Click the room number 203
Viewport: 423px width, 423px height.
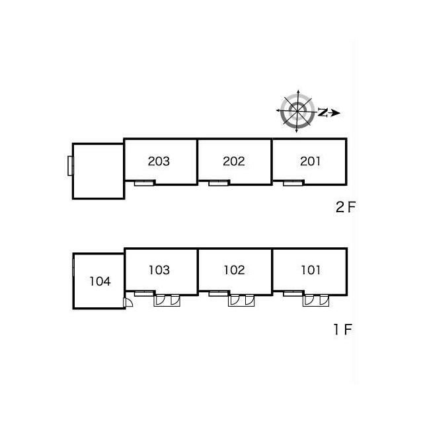[x=159, y=161]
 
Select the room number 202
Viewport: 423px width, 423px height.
[x=233, y=161]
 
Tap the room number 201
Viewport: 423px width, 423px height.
[x=310, y=161]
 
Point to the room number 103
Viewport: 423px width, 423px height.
[x=159, y=270]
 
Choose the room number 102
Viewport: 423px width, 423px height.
[x=234, y=270]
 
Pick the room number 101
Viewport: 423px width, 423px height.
[x=311, y=270]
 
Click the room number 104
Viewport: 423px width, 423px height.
[x=100, y=282]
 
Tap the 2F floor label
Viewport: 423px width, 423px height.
[x=346, y=207]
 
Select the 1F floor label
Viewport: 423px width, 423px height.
[x=343, y=329]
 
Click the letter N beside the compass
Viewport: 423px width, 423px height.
[x=323, y=112]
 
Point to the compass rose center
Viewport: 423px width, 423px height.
[x=297, y=111]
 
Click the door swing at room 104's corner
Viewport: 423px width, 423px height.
[x=128, y=302]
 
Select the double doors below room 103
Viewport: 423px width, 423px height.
[x=167, y=301]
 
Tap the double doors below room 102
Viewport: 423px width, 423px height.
[x=241, y=301]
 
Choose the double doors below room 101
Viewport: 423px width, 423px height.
[x=316, y=301]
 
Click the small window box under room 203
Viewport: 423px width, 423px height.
[x=144, y=184]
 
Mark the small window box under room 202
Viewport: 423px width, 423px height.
[x=219, y=184]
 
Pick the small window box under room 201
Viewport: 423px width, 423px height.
[x=293, y=184]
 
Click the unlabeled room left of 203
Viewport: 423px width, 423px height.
[x=98, y=171]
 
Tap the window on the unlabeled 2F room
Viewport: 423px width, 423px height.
[x=70, y=166]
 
